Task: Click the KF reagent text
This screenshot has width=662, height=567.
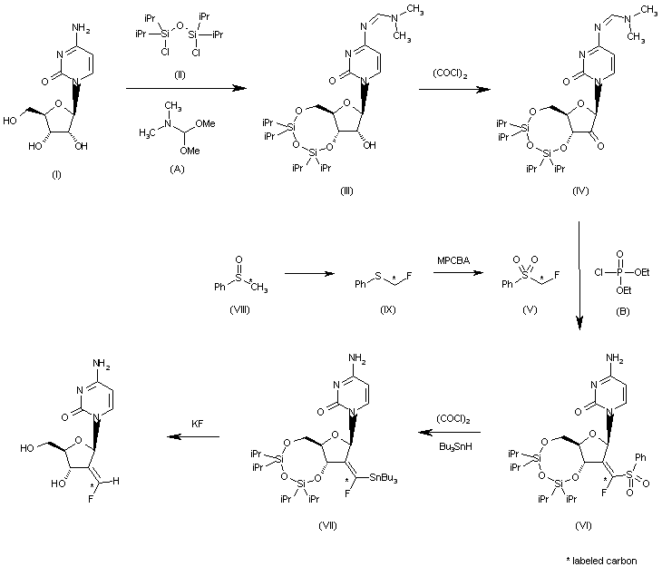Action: point(195,422)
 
